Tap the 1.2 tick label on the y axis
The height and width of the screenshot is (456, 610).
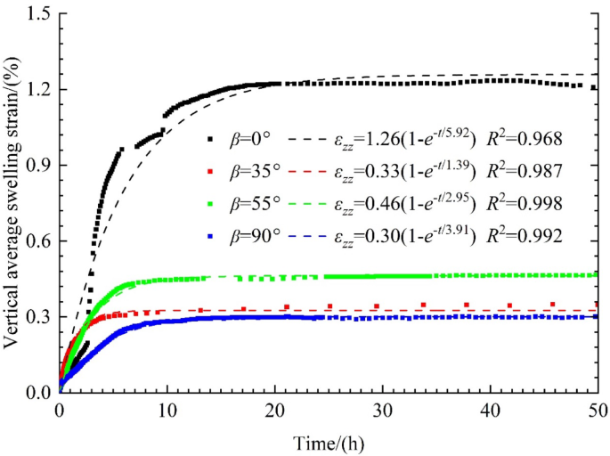[x=37, y=90]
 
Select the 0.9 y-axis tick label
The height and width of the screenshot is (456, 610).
[x=37, y=166]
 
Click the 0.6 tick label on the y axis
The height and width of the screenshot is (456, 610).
[x=37, y=241]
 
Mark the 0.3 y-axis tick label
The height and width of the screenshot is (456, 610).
[x=37, y=317]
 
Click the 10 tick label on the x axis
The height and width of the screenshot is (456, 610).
[x=167, y=411]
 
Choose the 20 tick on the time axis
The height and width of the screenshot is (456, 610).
[x=274, y=411]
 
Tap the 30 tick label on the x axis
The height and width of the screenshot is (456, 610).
[x=382, y=411]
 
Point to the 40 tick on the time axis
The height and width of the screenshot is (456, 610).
[x=490, y=411]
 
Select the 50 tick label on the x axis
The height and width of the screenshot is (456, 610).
[x=597, y=411]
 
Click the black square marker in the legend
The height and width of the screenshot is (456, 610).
[x=210, y=140]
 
